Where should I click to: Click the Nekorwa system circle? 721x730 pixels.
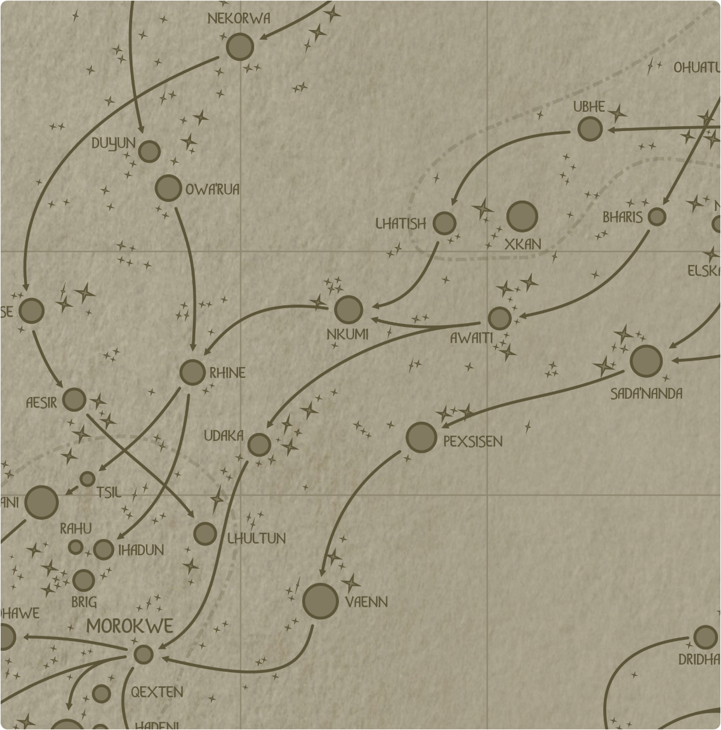tap(240, 47)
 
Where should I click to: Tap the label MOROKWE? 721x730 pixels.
tap(130, 626)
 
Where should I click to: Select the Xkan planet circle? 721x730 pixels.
tap(522, 216)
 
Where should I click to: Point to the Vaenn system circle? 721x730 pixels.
tap(320, 601)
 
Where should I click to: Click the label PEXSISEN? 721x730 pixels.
tap(473, 442)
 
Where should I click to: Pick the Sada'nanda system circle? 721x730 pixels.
tap(646, 360)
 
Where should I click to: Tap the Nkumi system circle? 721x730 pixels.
tap(348, 310)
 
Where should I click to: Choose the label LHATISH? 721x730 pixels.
tap(401, 224)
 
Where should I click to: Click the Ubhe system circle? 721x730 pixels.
tap(590, 129)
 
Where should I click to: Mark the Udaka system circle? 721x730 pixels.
tap(260, 445)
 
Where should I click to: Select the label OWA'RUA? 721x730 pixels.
tap(212, 190)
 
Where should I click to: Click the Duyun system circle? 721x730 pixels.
tap(149, 151)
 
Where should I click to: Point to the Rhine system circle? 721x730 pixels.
tap(192, 373)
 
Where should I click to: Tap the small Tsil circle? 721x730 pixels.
tap(88, 479)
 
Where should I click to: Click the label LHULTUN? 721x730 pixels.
tap(257, 538)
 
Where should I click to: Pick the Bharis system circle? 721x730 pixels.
tap(657, 217)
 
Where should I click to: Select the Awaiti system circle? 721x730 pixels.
tap(499, 318)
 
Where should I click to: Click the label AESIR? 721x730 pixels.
tap(41, 403)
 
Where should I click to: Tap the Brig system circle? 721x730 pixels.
tap(84, 580)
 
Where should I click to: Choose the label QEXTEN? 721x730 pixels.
tap(157, 692)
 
